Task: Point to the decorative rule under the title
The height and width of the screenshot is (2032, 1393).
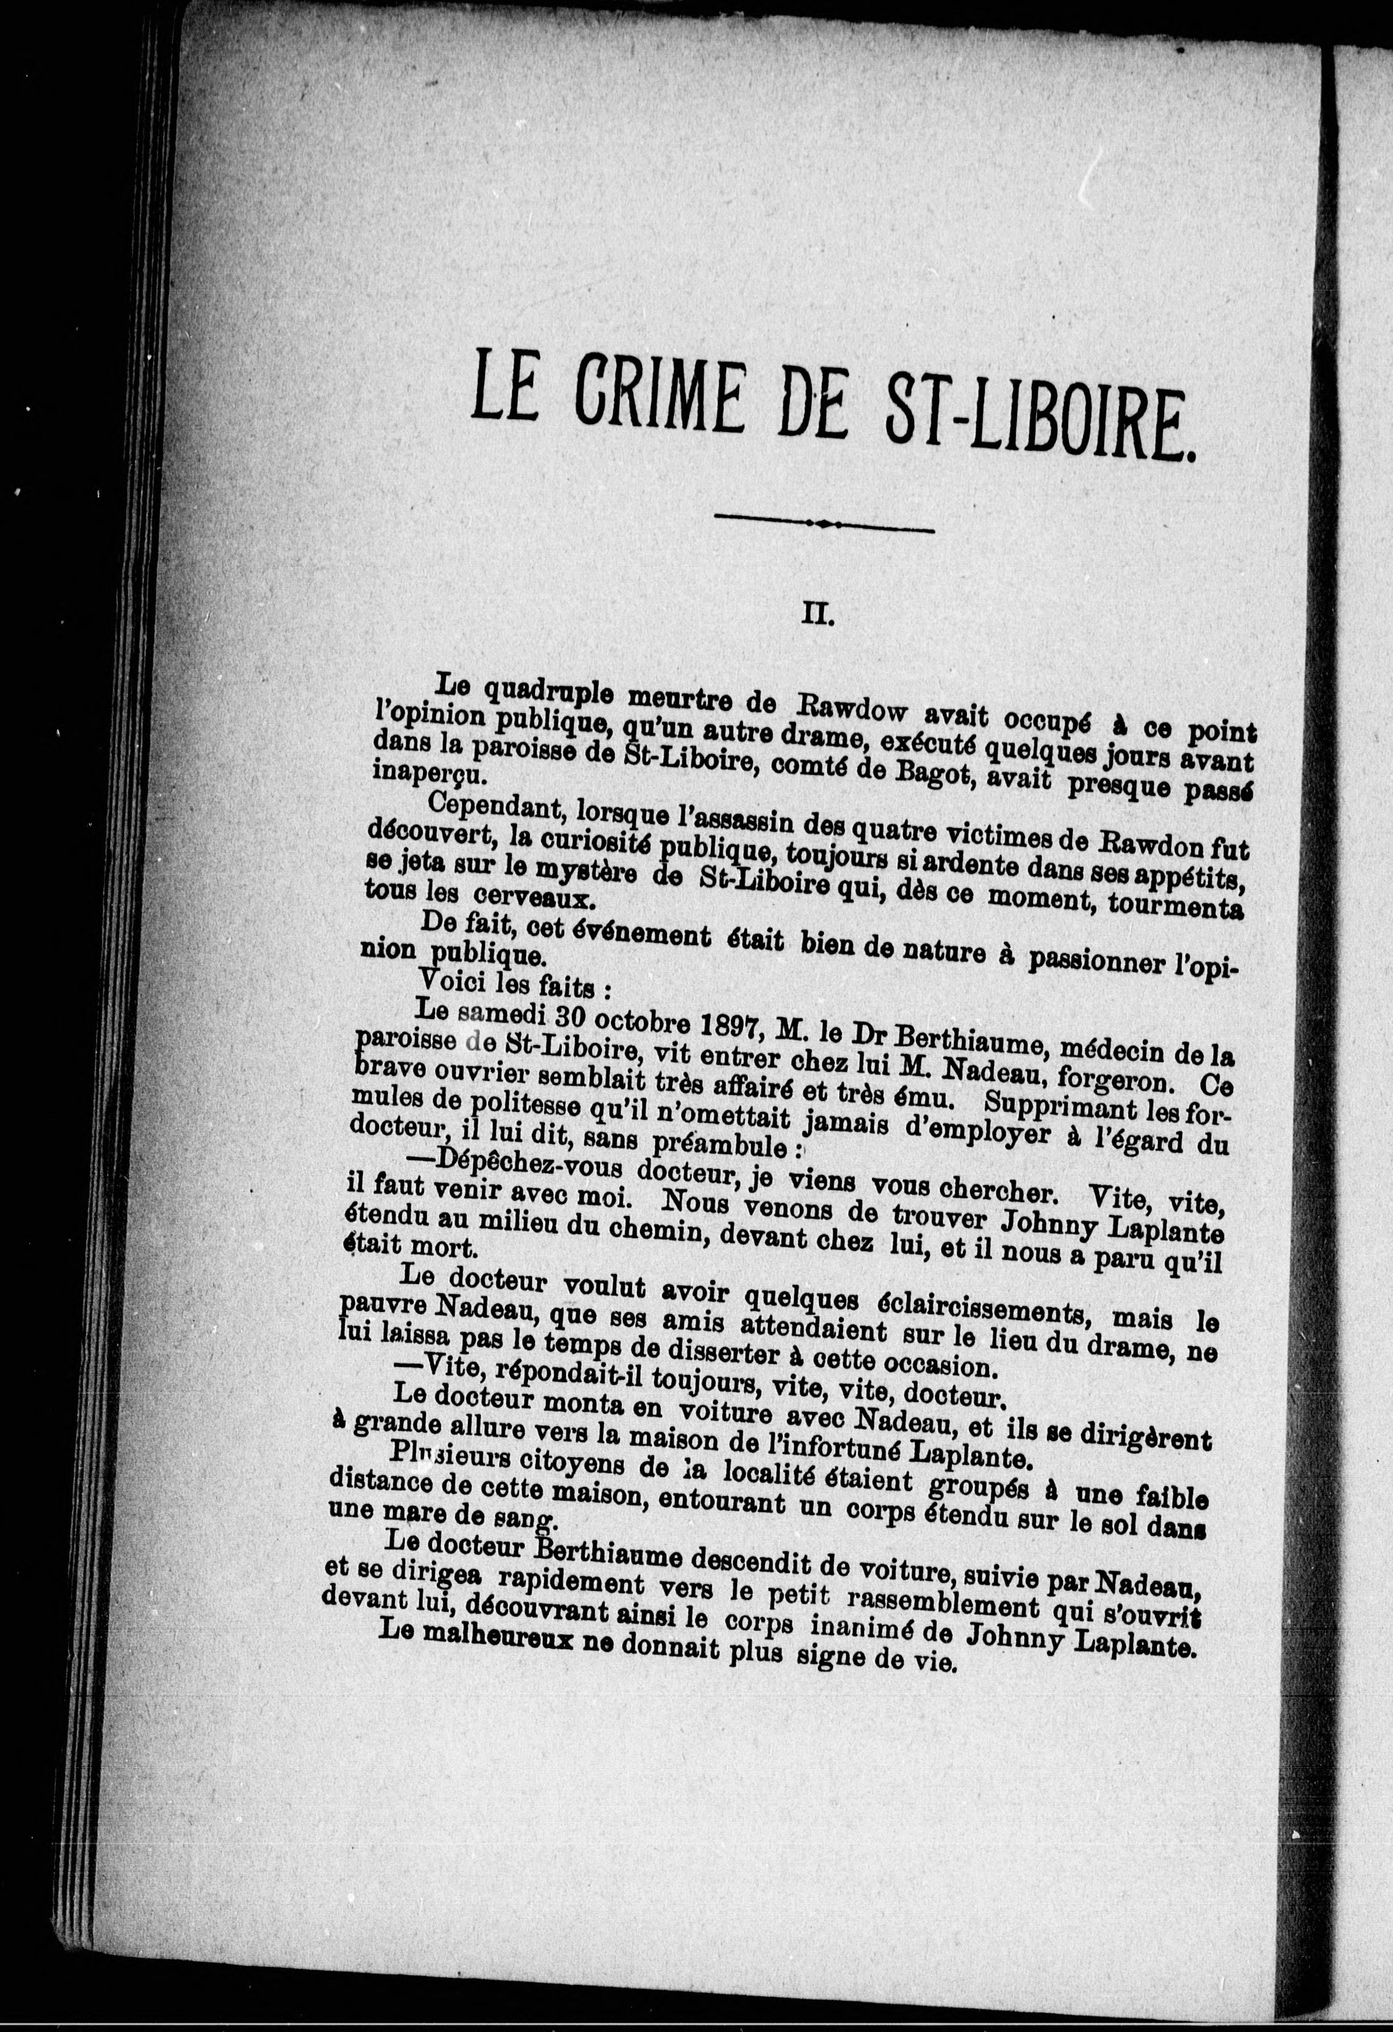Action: pyautogui.click(x=824, y=525)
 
